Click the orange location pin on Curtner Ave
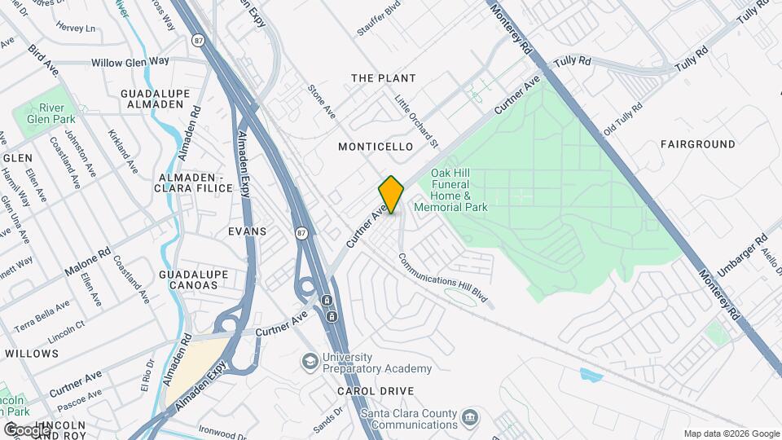391,195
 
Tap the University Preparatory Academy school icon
310,360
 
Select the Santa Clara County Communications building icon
470,418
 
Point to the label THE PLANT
383,78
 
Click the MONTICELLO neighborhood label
376,147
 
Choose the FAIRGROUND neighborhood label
698,144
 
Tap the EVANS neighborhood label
248,231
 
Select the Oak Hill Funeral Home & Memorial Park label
450,191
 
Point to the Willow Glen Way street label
130,62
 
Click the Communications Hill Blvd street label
446,279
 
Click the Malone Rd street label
86,262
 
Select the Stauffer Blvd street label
380,19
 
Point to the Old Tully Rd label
622,119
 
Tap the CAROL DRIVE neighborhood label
376,391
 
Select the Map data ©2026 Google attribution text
731,433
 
